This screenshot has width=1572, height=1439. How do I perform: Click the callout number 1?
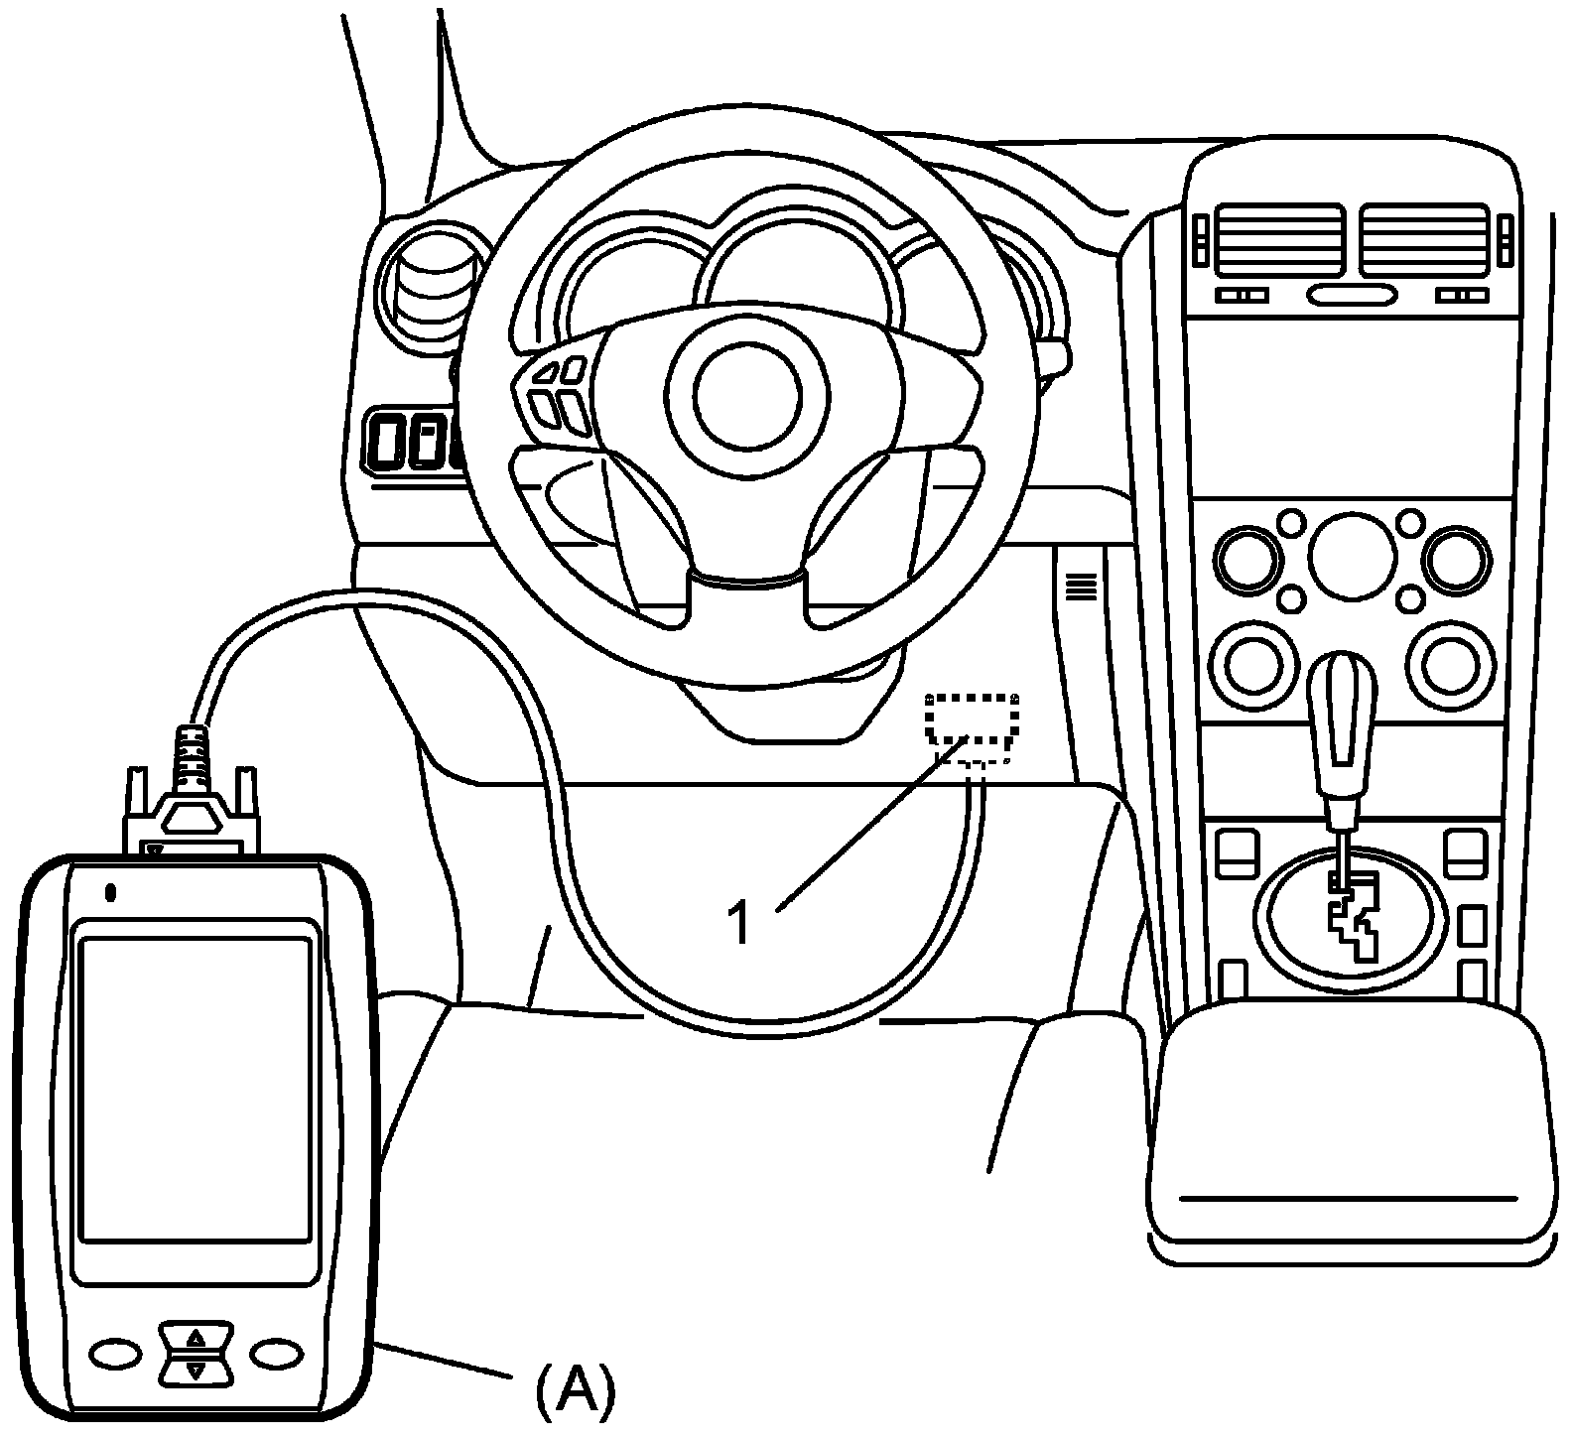coord(738,923)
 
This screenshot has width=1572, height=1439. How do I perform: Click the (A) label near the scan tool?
coord(575,1390)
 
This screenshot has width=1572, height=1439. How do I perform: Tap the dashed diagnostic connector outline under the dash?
coord(973,718)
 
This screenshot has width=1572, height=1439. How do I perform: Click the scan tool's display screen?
coord(196,1089)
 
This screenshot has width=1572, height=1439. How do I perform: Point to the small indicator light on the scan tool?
coord(111,892)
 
